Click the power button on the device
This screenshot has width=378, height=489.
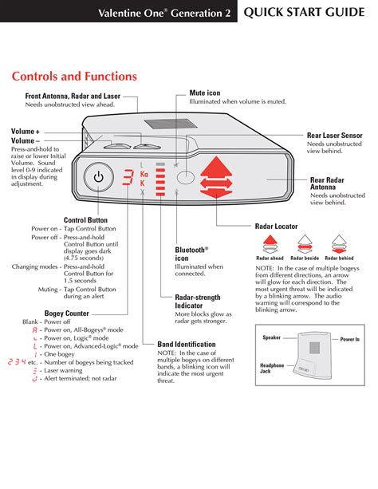coord(98,177)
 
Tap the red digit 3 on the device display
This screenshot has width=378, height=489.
coord(127,178)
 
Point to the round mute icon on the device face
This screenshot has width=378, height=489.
coord(186,177)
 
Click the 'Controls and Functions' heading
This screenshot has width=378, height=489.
coord(74,77)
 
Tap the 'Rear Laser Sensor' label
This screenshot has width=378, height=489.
coord(335,136)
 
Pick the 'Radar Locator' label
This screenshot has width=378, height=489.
coord(276,227)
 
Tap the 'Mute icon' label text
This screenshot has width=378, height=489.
coord(204,93)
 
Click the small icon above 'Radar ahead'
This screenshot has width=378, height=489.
coord(270,243)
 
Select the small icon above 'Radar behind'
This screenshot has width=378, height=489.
coord(340,243)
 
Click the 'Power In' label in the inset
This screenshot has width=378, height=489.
coord(350,339)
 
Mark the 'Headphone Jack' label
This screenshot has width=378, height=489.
coord(272,368)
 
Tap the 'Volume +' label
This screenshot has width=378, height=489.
coord(26,131)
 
